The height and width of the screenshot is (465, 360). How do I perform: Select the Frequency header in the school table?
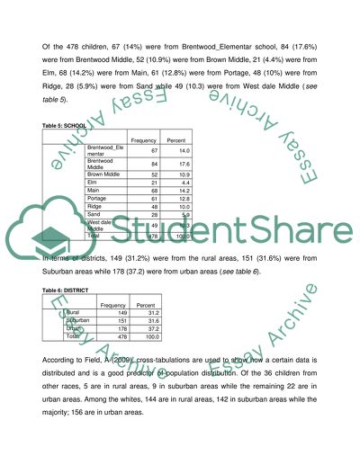[146, 141]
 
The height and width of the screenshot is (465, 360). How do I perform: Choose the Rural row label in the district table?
[74, 313]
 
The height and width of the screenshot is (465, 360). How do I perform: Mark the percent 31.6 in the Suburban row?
[152, 321]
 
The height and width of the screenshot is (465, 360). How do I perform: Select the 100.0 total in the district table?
[151, 337]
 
